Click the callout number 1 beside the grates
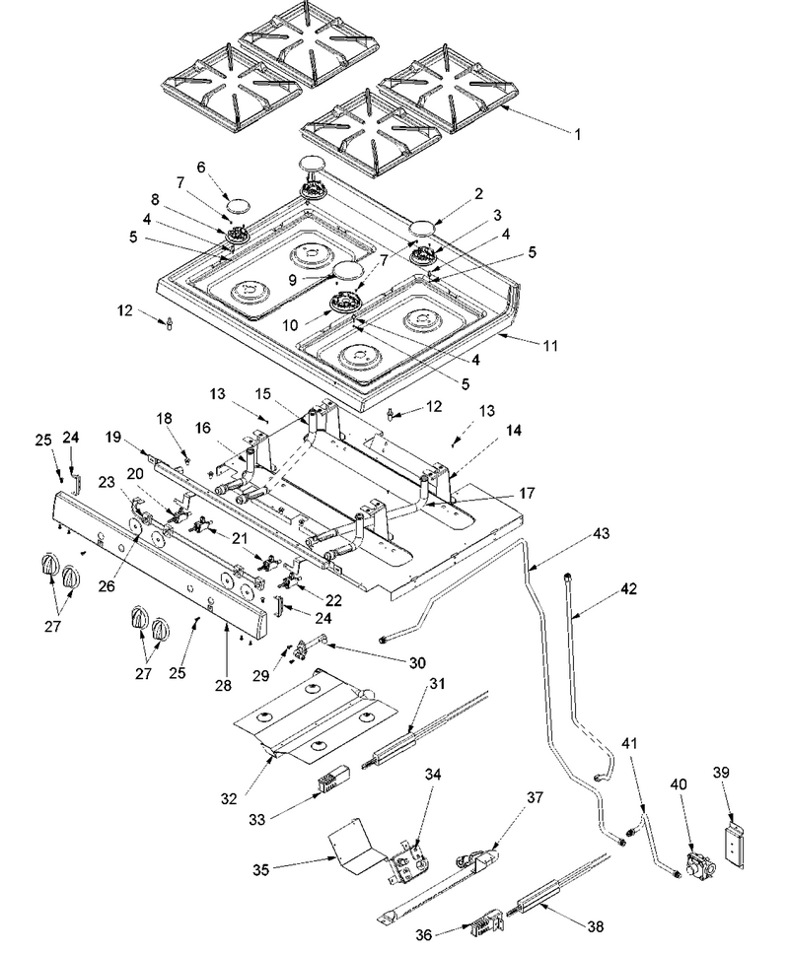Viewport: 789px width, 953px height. click(578, 134)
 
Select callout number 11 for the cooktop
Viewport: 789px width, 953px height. click(550, 345)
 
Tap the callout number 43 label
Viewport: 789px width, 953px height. click(601, 533)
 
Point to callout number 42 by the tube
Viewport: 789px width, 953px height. click(628, 588)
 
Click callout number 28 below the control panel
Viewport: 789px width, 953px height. click(223, 685)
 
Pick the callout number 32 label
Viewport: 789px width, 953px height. click(229, 798)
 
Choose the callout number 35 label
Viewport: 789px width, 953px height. click(261, 870)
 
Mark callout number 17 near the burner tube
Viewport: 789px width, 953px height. click(527, 493)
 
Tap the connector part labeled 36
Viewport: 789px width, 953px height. click(485, 928)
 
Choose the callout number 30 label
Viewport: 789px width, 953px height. click(417, 662)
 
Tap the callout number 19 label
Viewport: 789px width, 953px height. click(113, 437)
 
